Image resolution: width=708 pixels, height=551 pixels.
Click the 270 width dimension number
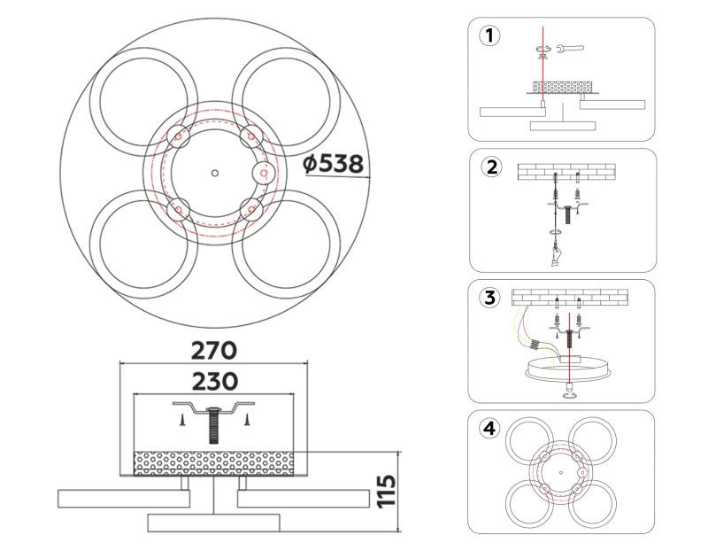tap(214, 350)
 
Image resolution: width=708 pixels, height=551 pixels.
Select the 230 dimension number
tap(214, 382)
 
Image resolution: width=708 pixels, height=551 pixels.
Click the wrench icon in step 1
tap(571, 50)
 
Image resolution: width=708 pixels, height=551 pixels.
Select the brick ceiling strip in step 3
tap(570, 298)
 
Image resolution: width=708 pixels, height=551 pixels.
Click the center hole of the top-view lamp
tap(215, 172)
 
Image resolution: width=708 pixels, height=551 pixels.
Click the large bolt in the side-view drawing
tap(215, 425)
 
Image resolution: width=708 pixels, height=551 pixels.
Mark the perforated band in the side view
tap(213, 462)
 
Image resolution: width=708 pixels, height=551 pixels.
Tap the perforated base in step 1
tap(561, 88)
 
